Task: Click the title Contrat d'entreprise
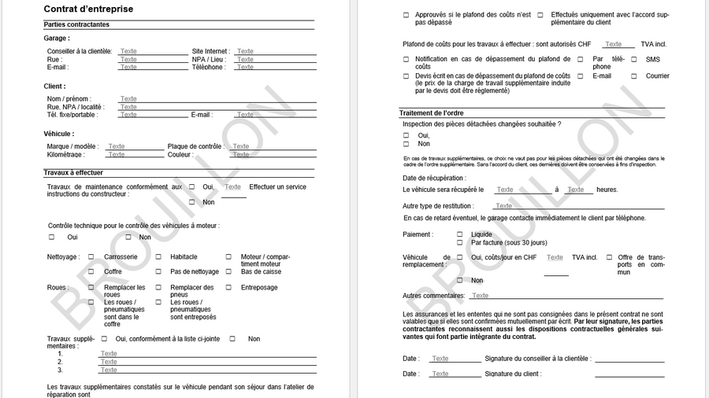coord(88,9)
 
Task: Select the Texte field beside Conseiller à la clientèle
coord(128,51)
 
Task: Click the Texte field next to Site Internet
coord(246,51)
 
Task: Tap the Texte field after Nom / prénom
coord(128,99)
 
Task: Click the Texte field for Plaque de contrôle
coord(241,146)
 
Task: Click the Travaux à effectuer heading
coord(73,172)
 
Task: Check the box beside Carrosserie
coord(91,256)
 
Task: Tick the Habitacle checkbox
coord(158,256)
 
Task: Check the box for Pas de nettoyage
coord(158,271)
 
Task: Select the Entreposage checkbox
coord(229,287)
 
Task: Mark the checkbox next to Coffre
coord(91,271)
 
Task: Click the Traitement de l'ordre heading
coord(432,113)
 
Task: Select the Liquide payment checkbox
coord(460,234)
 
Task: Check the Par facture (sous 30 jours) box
coord(460,242)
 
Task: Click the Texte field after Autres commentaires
coord(481,296)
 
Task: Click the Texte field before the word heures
coord(576,190)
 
